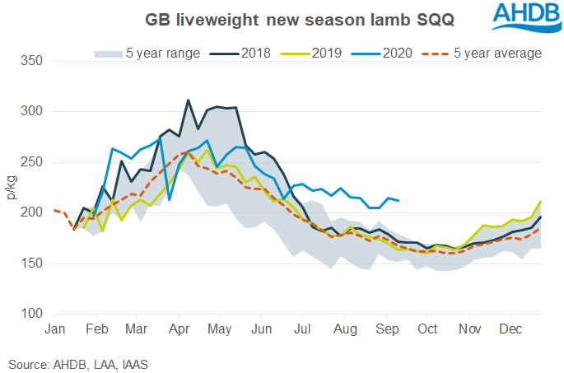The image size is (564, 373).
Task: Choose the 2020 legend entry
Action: click(398, 54)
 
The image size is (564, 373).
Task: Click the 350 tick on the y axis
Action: click(33, 61)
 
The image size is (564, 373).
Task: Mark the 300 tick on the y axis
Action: click(33, 111)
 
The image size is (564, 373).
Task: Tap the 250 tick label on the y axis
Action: click(33, 162)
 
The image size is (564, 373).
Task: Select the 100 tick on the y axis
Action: click(33, 314)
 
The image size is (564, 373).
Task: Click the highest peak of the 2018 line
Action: click(189, 100)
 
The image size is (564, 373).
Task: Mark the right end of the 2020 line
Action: click(399, 200)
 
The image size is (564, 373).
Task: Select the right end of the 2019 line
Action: click(541, 201)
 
